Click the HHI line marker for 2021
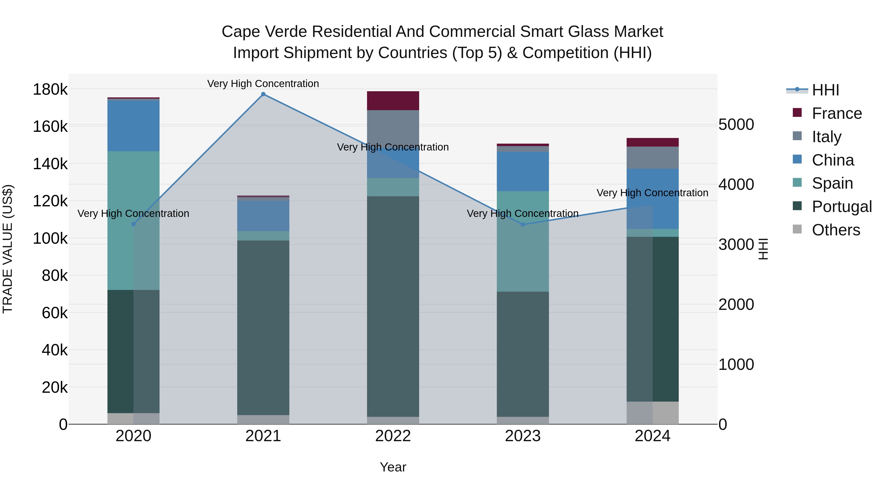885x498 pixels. [263, 94]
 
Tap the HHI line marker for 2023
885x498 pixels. [523, 225]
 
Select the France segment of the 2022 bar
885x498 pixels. [393, 101]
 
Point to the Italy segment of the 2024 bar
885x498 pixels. [652, 158]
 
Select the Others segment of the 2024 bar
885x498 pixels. [652, 413]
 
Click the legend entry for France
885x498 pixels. [837, 113]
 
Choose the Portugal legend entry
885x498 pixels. [841, 207]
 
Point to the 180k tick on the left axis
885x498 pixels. [50, 90]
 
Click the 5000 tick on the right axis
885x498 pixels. [736, 124]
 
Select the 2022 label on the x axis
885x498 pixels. [393, 436]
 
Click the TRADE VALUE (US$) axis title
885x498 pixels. [8, 249]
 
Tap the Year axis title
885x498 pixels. [393, 467]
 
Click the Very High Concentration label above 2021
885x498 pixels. [263, 84]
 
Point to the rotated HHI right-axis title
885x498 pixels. [763, 249]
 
